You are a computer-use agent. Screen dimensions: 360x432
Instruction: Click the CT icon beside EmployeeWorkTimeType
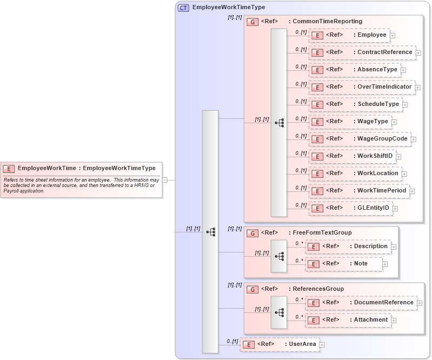click(183, 8)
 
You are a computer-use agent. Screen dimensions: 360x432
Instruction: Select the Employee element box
click(349, 35)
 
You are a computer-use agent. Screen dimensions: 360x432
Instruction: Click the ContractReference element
click(362, 52)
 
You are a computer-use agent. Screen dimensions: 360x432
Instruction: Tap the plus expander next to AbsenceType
click(403, 70)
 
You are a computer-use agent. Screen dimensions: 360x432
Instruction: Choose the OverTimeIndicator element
click(361, 87)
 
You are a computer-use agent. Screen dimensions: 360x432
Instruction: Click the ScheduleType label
click(378, 104)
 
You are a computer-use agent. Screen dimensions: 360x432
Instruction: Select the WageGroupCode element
click(359, 139)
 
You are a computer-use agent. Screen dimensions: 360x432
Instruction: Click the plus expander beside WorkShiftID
click(398, 157)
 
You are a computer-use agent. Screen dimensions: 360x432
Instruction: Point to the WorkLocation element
click(355, 174)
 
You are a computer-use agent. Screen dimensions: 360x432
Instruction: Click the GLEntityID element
click(350, 208)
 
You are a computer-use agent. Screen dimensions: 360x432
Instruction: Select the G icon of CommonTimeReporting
click(252, 22)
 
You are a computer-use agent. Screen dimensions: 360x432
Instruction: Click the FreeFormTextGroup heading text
click(322, 233)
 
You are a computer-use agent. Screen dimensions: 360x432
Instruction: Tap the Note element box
click(344, 264)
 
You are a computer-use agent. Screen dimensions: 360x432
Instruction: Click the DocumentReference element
click(360, 303)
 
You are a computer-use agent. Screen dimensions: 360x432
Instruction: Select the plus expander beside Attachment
click(394, 321)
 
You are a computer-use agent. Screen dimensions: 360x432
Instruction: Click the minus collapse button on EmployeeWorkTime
click(165, 180)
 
